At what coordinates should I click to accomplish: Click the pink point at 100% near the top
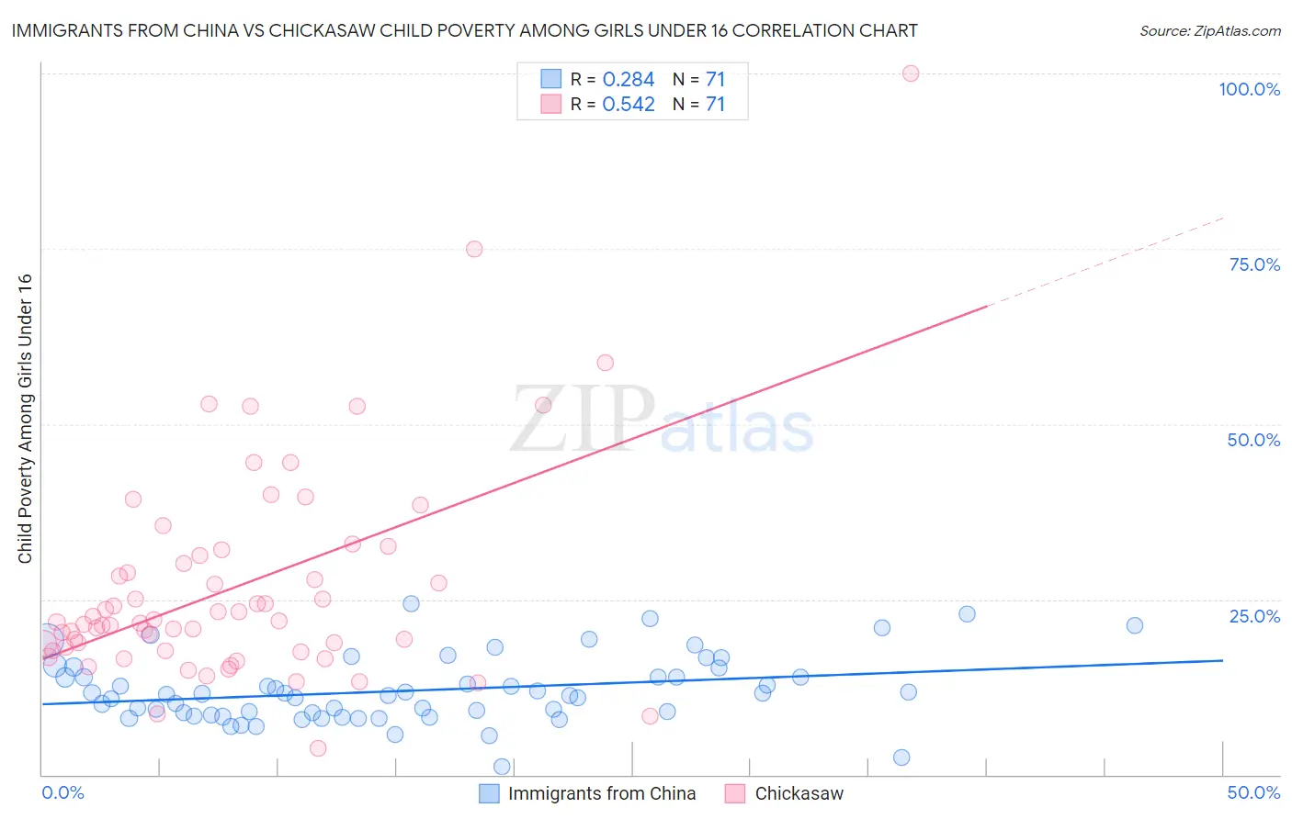point(910,73)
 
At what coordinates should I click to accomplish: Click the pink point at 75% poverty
point(474,249)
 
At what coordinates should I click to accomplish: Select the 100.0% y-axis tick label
point(1249,89)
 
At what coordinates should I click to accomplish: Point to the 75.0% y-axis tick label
point(1254,264)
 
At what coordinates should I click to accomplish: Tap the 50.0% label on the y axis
point(1253,440)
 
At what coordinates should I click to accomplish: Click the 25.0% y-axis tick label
point(1254,615)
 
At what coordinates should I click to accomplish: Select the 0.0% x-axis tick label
point(62,792)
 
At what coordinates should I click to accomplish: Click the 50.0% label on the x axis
point(1253,792)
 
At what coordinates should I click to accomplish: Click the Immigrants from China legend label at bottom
point(601,793)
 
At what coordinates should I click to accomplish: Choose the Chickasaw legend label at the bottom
point(799,793)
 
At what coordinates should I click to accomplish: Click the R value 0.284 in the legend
point(629,80)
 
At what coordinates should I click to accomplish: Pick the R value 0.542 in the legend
point(629,105)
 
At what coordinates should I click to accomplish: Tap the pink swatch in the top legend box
point(550,105)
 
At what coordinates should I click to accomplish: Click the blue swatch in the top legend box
point(550,80)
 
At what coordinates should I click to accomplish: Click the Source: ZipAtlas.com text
point(1209,31)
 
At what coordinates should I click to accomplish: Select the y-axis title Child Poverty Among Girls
point(25,418)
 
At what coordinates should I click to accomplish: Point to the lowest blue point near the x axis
point(502,767)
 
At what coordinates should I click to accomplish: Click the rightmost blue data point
point(1134,625)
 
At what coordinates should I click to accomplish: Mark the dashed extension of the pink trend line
point(1103,262)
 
